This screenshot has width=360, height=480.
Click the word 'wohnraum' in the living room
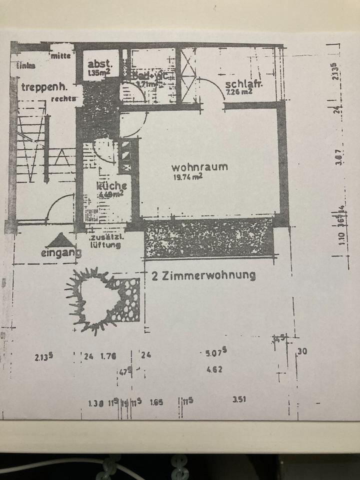pyautogui.click(x=199, y=166)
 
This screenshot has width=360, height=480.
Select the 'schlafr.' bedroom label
pyautogui.click(x=243, y=84)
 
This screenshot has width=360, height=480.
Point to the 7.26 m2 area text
pyautogui.click(x=238, y=92)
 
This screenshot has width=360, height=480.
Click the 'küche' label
pyautogui.click(x=111, y=185)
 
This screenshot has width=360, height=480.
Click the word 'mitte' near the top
pyautogui.click(x=60, y=56)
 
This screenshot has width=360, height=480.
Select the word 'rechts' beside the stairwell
pyautogui.click(x=63, y=98)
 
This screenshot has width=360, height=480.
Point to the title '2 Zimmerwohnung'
pyautogui.click(x=203, y=275)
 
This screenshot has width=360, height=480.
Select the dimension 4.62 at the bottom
pyautogui.click(x=214, y=370)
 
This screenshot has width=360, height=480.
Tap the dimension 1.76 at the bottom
pyautogui.click(x=108, y=356)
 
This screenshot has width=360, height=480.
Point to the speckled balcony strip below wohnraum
pyautogui.click(x=207, y=237)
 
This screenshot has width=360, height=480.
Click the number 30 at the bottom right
pyautogui.click(x=302, y=351)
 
